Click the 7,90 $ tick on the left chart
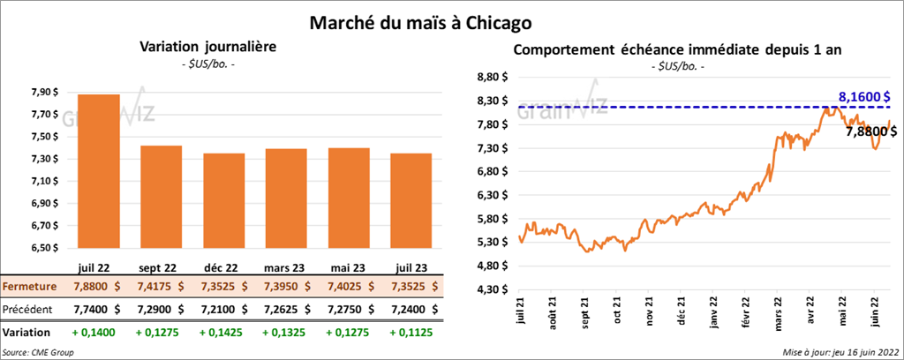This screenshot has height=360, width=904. tap(45, 92)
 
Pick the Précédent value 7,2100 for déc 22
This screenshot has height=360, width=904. tap(222, 310)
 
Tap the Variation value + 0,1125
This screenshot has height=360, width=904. tap(412, 333)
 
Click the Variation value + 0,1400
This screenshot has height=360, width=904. tap(97, 333)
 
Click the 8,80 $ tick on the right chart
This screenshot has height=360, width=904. tap(490, 78)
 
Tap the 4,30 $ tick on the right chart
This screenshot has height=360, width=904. tap(490, 289)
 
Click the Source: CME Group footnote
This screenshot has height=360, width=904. tap(38, 352)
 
